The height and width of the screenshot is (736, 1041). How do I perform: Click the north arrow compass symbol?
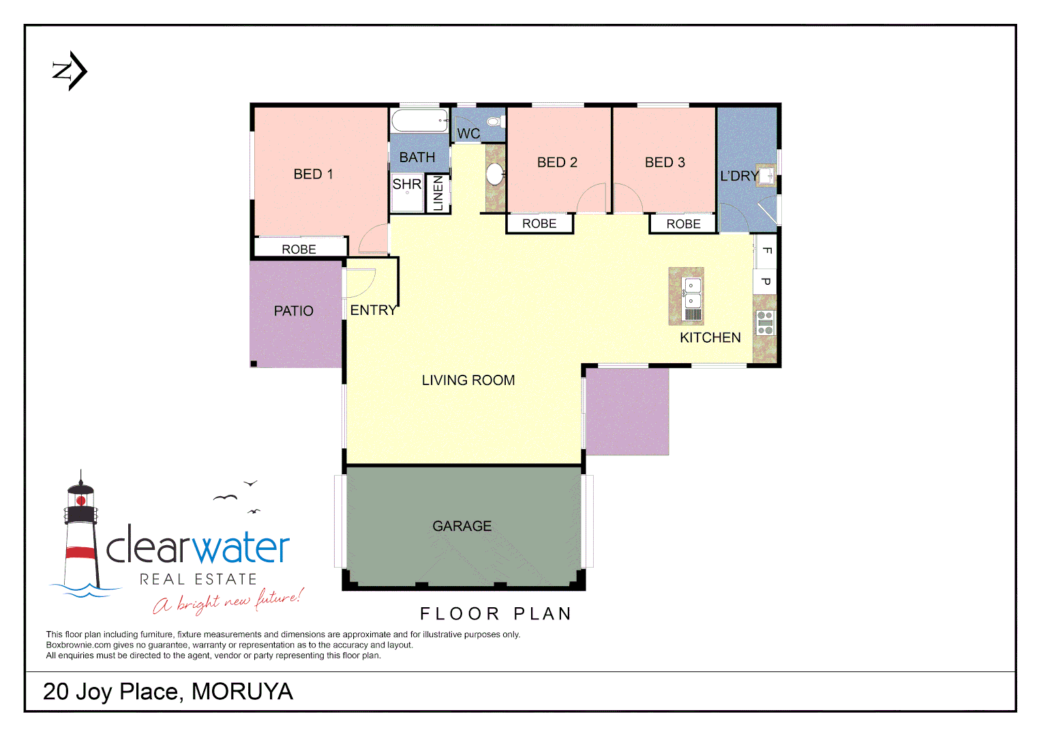tap(70, 71)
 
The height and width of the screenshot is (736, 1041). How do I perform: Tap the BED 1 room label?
tap(313, 174)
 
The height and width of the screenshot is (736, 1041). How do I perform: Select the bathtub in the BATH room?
tap(419, 121)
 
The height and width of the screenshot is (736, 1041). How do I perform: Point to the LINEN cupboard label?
tap(438, 193)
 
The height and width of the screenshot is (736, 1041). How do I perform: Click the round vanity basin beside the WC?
tap(495, 173)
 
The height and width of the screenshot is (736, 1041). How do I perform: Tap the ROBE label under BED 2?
tap(539, 224)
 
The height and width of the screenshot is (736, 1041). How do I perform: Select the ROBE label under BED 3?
tap(683, 224)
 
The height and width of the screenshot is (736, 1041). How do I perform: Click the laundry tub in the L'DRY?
tap(767, 176)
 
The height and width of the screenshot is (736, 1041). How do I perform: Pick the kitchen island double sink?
tap(693, 292)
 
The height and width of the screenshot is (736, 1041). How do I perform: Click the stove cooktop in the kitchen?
tap(765, 322)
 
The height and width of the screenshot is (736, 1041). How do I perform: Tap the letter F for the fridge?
tap(766, 250)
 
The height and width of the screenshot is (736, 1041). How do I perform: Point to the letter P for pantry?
tap(766, 281)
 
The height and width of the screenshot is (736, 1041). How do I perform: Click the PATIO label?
tap(293, 311)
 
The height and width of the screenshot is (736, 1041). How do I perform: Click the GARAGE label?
tap(462, 526)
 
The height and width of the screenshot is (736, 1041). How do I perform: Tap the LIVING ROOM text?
tap(468, 380)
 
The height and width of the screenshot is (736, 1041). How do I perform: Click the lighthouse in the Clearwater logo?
tap(81, 532)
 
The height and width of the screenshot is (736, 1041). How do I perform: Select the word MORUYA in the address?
tap(242, 692)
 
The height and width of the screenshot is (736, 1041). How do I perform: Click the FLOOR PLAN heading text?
tap(496, 614)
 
